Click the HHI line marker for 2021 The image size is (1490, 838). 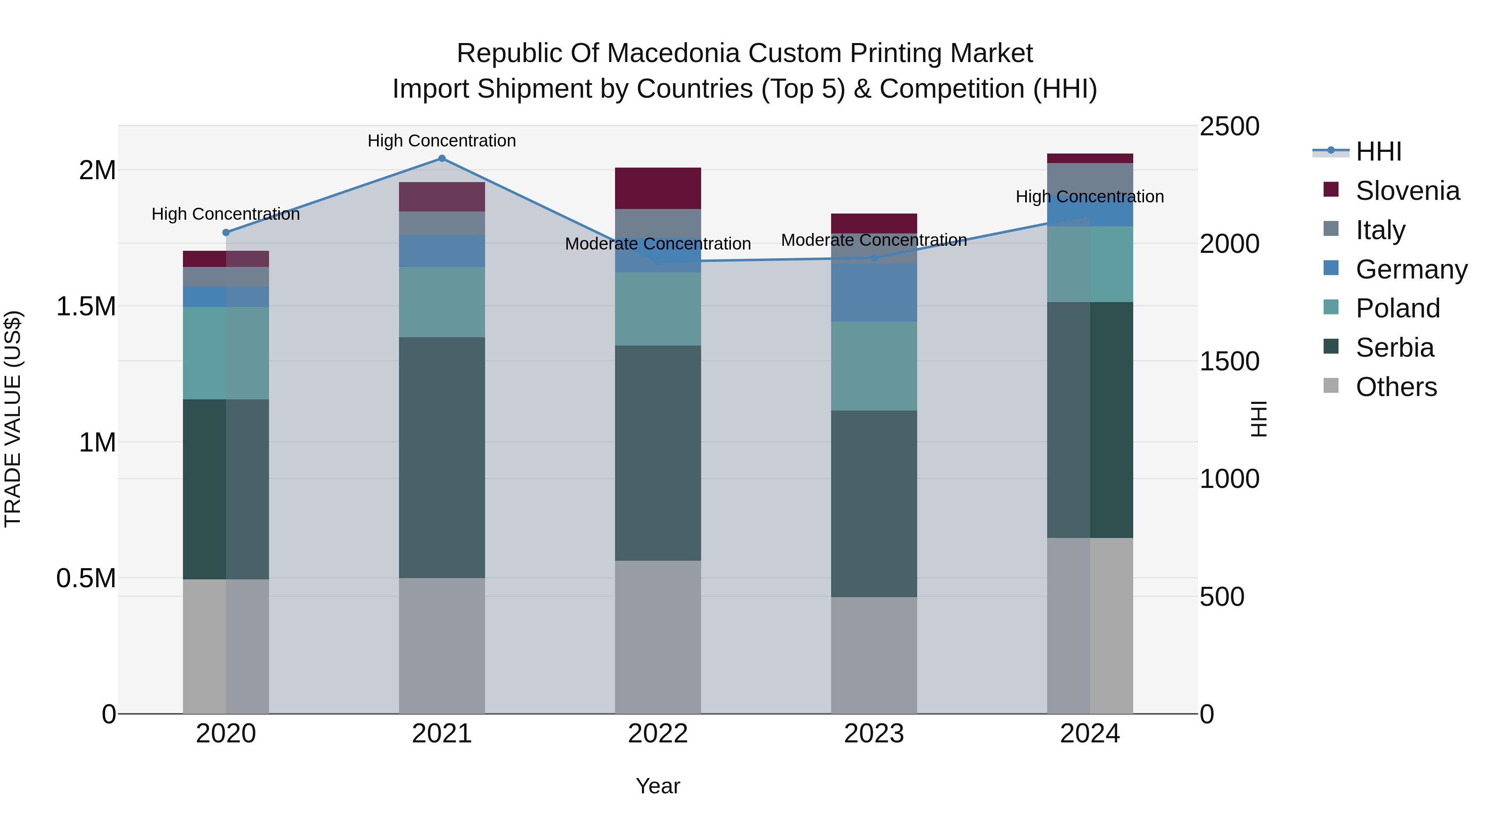click(x=442, y=158)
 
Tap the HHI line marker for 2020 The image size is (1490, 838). click(x=226, y=233)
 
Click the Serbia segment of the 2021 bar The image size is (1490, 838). click(x=442, y=457)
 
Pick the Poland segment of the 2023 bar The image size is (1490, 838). click(x=874, y=366)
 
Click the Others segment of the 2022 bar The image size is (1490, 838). click(x=658, y=636)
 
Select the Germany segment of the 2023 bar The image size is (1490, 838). click(x=874, y=293)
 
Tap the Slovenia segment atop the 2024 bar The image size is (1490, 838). click(x=1090, y=158)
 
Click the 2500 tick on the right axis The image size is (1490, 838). click(x=1229, y=127)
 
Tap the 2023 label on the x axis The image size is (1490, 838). click(x=874, y=734)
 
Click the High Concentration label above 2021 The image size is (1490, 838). click(x=442, y=141)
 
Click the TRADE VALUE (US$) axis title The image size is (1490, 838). click(x=13, y=419)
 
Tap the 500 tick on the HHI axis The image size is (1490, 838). click(x=1222, y=597)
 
